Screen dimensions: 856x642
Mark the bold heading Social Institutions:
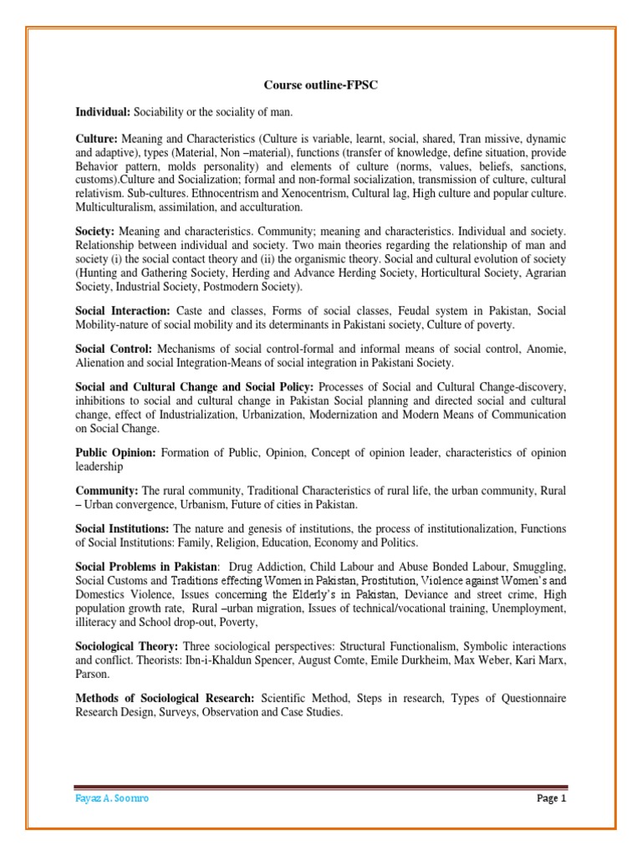click(123, 529)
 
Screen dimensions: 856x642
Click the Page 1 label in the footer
click(551, 798)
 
